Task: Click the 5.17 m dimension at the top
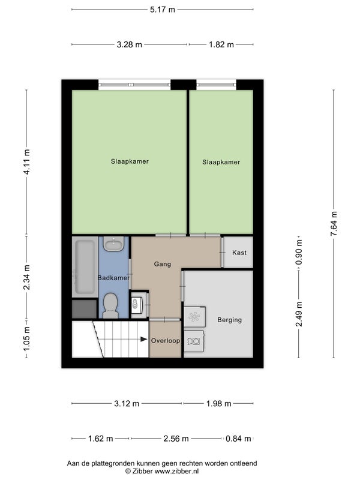[x=162, y=10]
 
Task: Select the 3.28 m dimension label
[x=129, y=44]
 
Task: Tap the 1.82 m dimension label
[x=221, y=44]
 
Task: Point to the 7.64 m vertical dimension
[x=334, y=224]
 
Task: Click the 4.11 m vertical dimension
[x=26, y=162]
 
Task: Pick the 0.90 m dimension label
[x=299, y=252]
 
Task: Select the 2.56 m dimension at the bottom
[x=176, y=439]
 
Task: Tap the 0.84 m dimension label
[x=238, y=439]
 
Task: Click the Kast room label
[x=239, y=253]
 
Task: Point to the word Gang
[x=162, y=264]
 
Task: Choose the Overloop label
[x=166, y=340]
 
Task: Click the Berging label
[x=229, y=320]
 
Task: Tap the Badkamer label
[x=113, y=278]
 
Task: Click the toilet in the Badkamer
[x=110, y=305]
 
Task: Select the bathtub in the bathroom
[x=85, y=266]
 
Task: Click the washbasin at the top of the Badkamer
[x=113, y=244]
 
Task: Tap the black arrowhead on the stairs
[x=143, y=339]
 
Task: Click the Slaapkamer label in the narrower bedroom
[x=221, y=162]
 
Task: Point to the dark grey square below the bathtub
[x=85, y=309]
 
